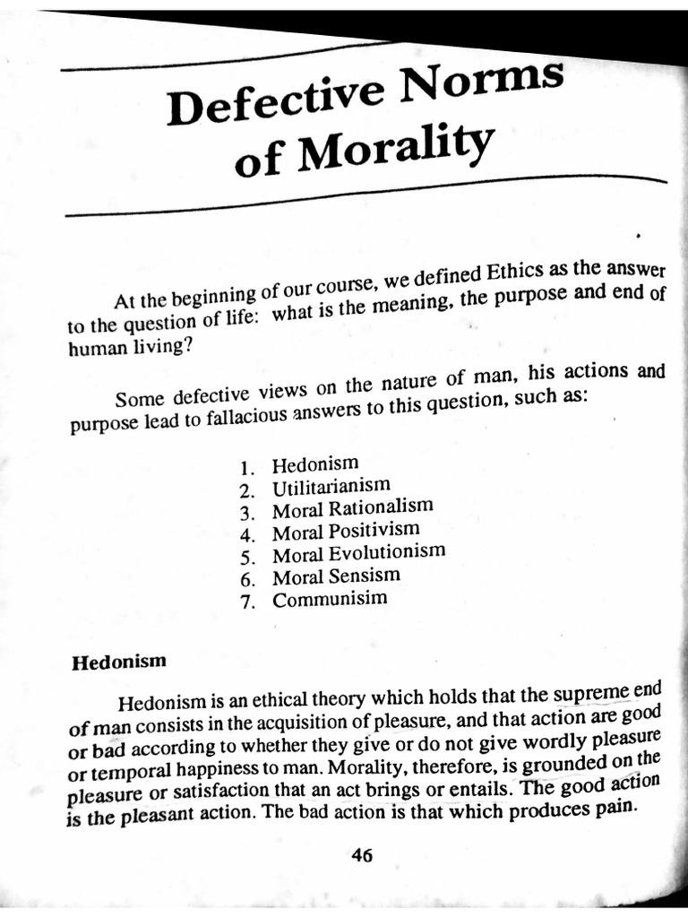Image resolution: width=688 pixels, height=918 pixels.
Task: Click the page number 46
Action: [x=361, y=854]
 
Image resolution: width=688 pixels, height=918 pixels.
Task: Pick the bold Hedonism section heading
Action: [x=119, y=663]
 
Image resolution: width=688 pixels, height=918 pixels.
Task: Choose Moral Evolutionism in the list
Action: [x=358, y=553]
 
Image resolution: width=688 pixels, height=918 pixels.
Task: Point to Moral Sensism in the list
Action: [x=336, y=576]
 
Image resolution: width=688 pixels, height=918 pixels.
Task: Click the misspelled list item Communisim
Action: [x=330, y=598]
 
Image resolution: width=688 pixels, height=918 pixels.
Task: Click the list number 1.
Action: [x=248, y=468]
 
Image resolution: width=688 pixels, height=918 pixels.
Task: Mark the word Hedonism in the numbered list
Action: [x=315, y=465]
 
